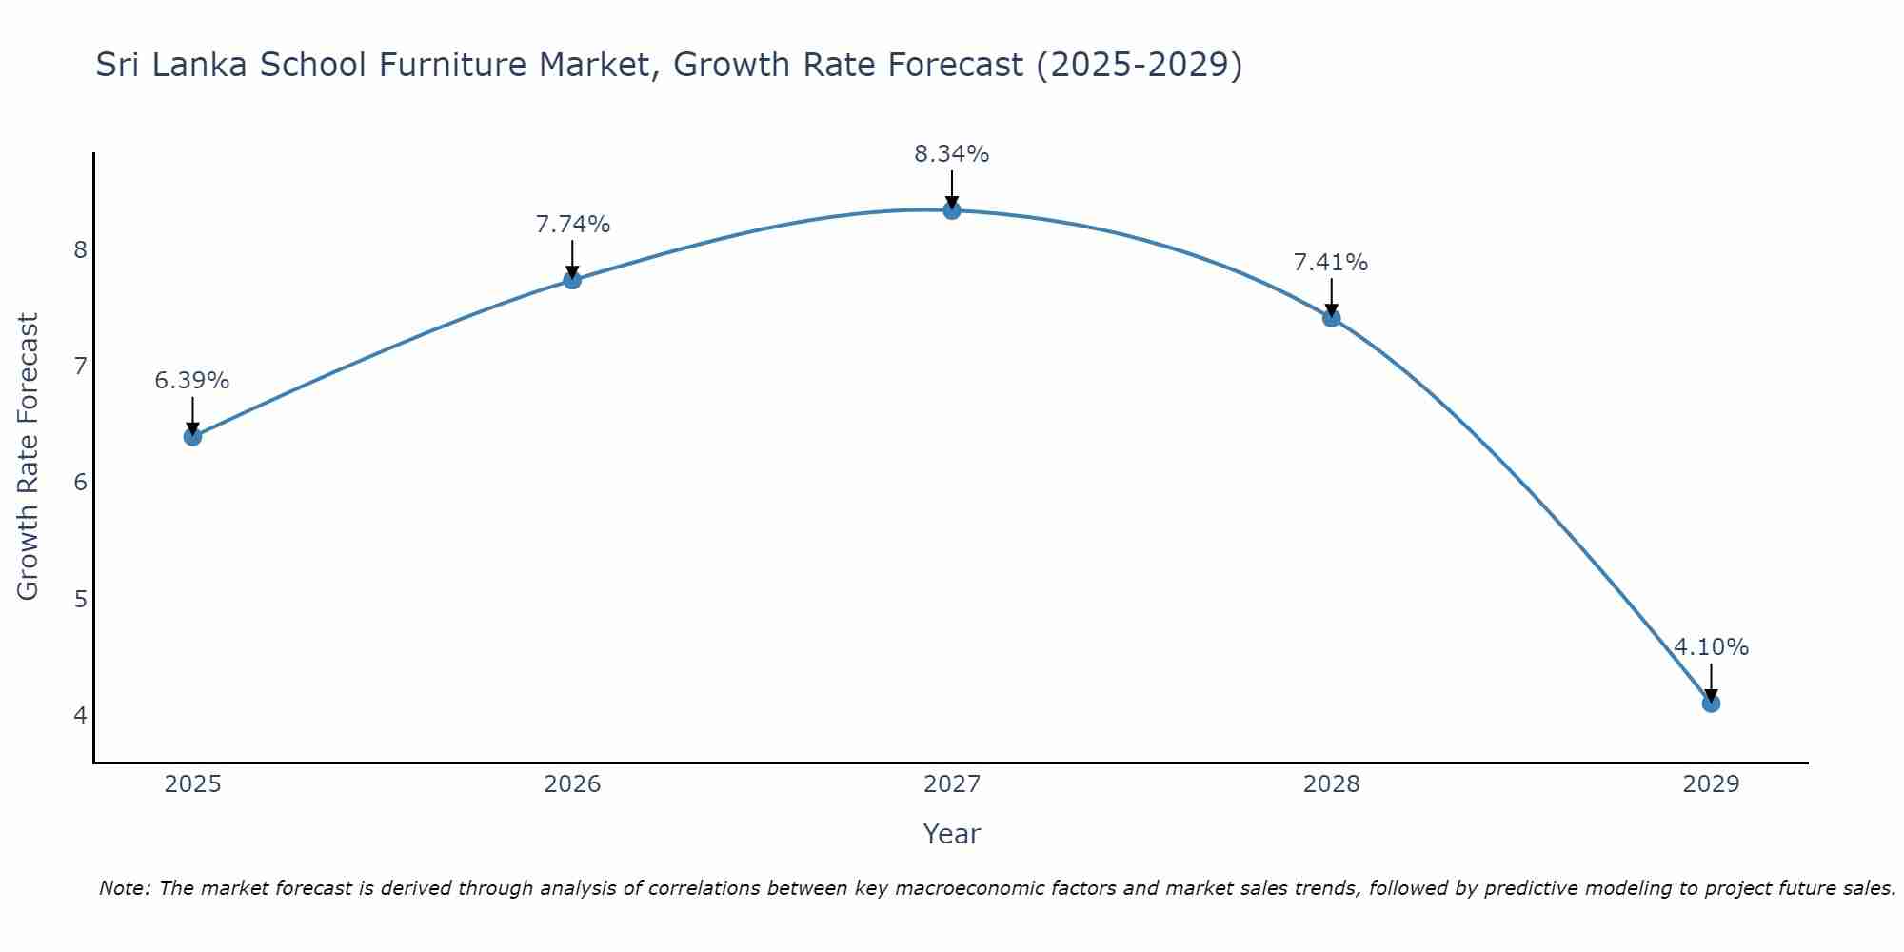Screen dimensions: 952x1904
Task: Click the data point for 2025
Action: (192, 437)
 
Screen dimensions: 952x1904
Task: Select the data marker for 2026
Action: (572, 280)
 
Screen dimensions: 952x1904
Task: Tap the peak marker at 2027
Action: (952, 210)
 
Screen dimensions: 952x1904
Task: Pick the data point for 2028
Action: (1331, 318)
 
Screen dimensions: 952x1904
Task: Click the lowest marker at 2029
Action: (1711, 704)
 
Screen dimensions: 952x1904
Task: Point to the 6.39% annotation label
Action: (192, 381)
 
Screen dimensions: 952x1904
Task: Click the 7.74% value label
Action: (572, 225)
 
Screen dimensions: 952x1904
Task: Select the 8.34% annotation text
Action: (952, 153)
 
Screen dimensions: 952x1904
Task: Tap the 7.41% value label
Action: (1331, 262)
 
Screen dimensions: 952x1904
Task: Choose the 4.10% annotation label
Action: (1711, 647)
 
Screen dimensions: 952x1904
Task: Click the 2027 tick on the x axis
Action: (952, 784)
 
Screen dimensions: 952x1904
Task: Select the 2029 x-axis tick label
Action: (1711, 784)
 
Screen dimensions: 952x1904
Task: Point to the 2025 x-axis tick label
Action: (192, 784)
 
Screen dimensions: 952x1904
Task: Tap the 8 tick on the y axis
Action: (80, 249)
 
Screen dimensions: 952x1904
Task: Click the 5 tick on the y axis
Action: (80, 599)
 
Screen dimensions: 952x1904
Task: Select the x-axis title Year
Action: (952, 834)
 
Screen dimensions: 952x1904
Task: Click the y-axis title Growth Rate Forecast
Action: (29, 457)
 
